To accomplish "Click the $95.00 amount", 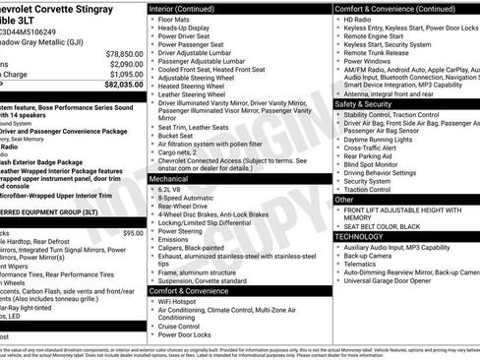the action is click(134, 233).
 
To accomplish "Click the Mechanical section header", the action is click(171, 180).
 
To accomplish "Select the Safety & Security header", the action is click(364, 103).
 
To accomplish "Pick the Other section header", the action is click(344, 199).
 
